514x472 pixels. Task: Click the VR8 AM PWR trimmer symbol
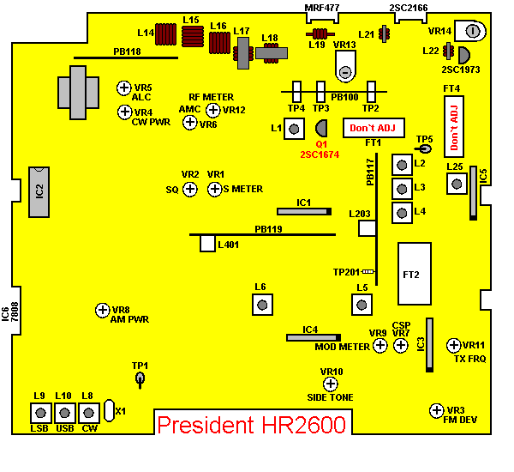pos(103,310)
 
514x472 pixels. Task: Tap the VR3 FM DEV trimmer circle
pos(436,410)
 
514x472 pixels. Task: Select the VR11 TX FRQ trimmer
pos(454,345)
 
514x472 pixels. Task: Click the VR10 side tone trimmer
pos(330,384)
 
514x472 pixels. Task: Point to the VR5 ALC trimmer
pos(123,88)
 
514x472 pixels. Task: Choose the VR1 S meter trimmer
pos(213,187)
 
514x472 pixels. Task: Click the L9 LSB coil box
pos(39,413)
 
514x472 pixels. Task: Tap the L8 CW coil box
pos(87,413)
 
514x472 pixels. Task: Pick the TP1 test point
pos(140,378)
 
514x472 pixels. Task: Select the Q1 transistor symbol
pos(321,130)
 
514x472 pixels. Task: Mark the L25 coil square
pos(455,182)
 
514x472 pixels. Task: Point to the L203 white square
pos(368,227)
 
